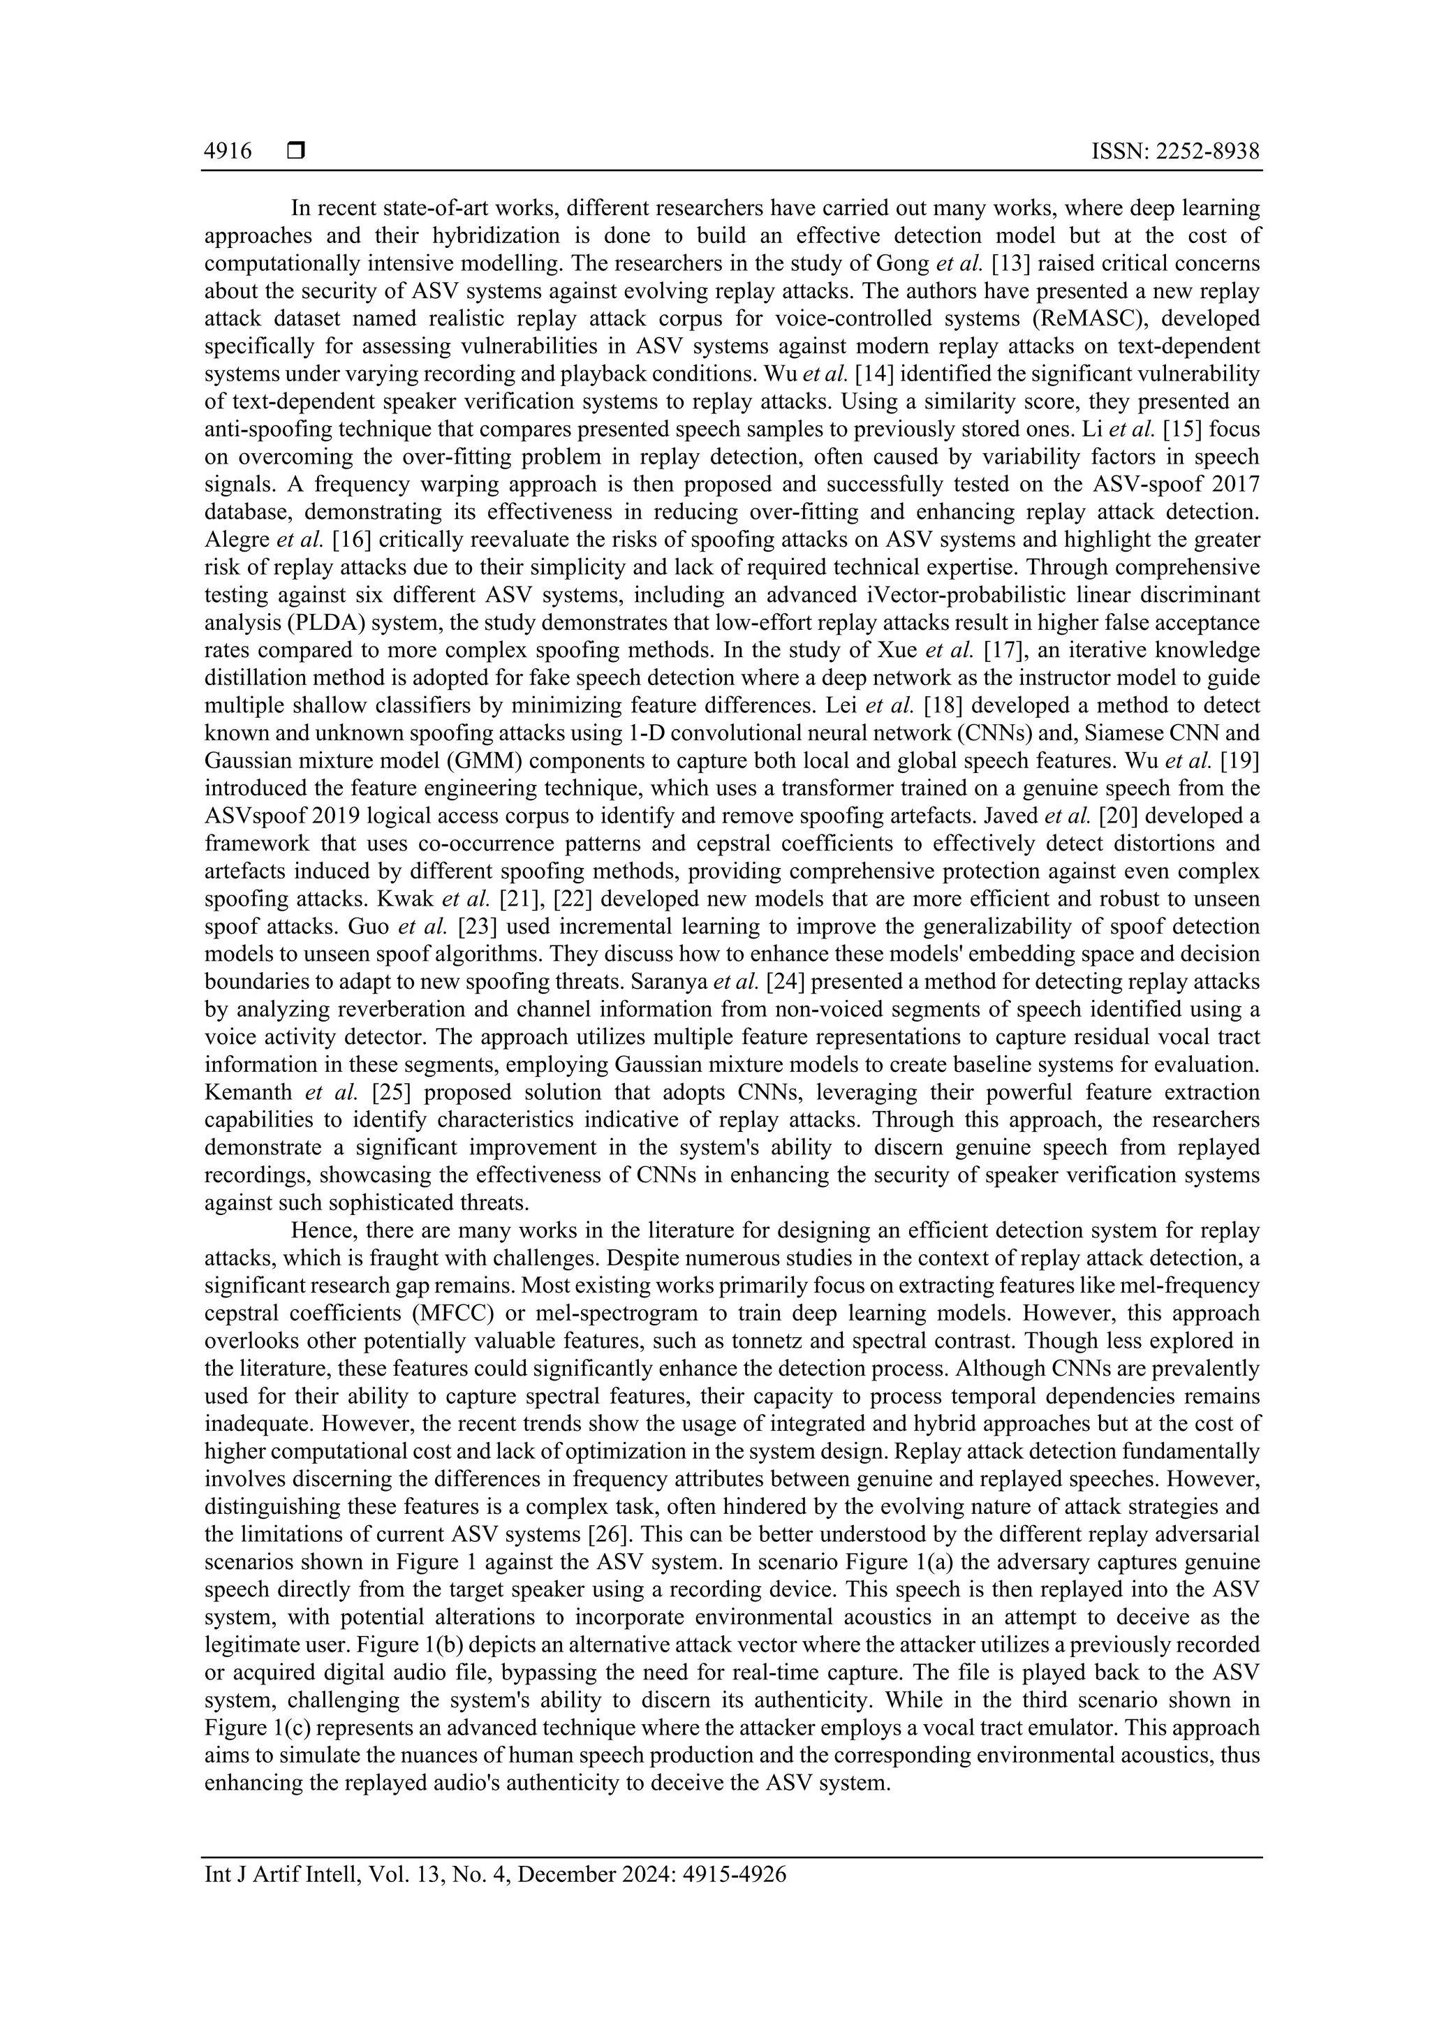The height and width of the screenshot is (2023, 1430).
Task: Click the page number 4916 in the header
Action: pyautogui.click(x=228, y=152)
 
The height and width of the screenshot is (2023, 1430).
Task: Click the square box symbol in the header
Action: pyautogui.click(x=296, y=152)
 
